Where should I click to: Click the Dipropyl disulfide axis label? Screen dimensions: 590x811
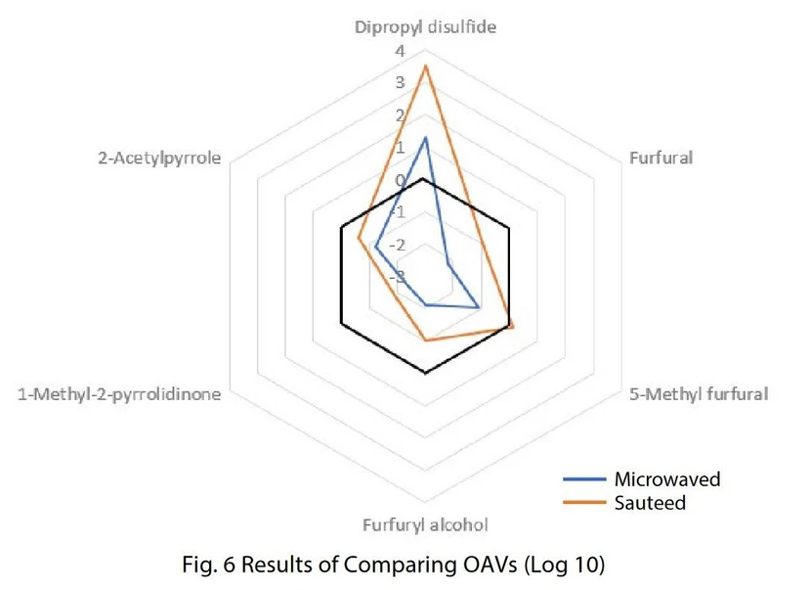(x=424, y=27)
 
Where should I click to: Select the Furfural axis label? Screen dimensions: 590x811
(x=661, y=158)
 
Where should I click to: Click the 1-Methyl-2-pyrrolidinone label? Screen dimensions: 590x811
(x=119, y=394)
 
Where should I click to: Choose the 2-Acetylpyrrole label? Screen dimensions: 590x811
(x=158, y=158)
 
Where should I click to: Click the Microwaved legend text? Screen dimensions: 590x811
(x=666, y=479)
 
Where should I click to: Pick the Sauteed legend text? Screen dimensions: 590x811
(x=650, y=503)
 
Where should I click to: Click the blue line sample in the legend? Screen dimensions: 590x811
(x=584, y=480)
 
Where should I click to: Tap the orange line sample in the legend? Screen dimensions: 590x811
(x=584, y=504)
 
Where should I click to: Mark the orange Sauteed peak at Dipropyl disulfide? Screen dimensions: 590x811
(x=425, y=66)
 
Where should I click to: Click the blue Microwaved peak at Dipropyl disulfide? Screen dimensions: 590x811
(x=425, y=138)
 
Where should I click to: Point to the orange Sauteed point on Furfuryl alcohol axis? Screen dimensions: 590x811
(x=425, y=340)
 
